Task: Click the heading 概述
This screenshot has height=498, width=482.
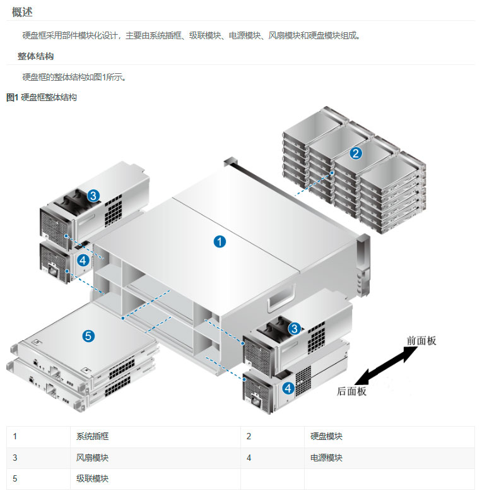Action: click(22, 12)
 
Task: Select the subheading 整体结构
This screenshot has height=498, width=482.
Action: click(35, 56)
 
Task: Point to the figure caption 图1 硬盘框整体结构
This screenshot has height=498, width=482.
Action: click(42, 97)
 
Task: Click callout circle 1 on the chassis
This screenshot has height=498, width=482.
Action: click(220, 240)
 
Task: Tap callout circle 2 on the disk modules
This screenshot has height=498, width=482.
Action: click(356, 152)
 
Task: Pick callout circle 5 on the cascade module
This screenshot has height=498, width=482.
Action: click(89, 336)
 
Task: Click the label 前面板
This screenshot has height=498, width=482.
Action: click(421, 341)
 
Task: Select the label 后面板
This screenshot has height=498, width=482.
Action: click(351, 391)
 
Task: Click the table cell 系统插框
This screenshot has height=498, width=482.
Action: click(93, 436)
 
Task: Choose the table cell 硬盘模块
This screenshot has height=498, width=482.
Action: click(327, 436)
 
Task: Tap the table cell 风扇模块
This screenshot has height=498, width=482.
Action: click(93, 458)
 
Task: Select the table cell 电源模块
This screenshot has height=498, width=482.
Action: click(327, 458)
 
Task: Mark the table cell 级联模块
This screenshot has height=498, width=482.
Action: click(93, 479)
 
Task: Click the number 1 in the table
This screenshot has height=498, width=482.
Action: click(15, 436)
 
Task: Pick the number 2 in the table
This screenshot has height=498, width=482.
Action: click(249, 436)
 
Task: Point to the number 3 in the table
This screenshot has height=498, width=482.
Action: click(15, 458)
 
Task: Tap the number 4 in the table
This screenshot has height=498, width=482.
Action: click(249, 458)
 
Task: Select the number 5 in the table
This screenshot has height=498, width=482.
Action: click(15, 479)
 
